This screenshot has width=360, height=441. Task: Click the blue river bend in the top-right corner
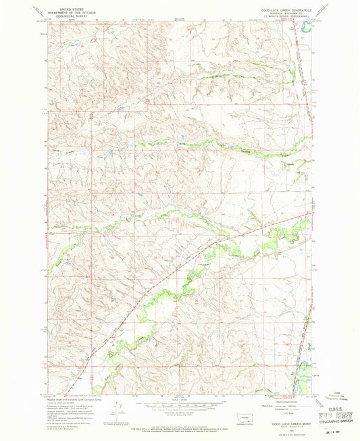pos(306,29)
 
